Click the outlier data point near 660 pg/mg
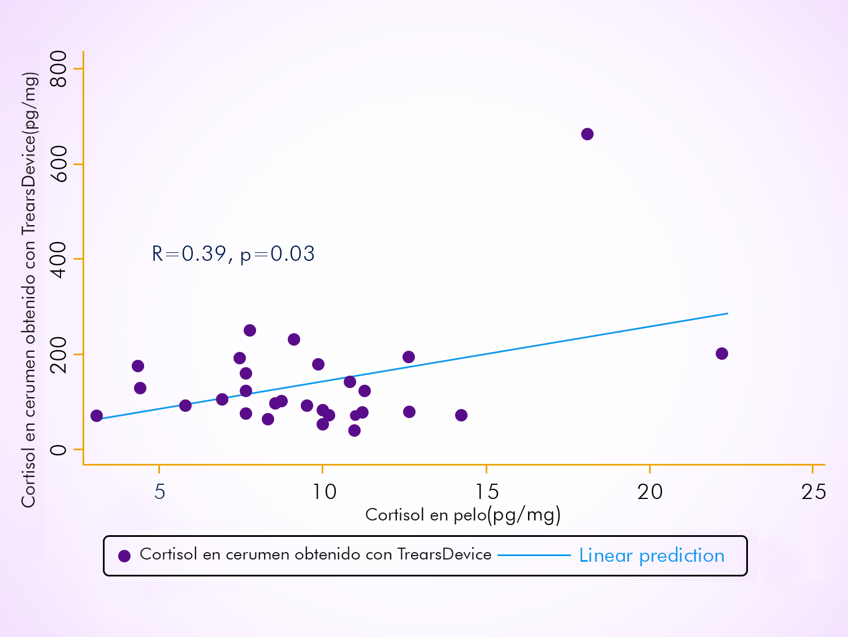(x=587, y=134)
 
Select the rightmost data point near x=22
(x=722, y=354)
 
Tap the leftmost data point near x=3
(x=97, y=416)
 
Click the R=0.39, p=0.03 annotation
(x=233, y=254)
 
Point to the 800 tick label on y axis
(x=59, y=69)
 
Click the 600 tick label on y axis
(x=59, y=164)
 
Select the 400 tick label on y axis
(x=59, y=259)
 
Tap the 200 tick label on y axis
(x=59, y=354)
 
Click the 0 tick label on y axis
(x=59, y=450)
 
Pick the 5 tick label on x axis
(x=159, y=492)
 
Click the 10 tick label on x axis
(x=324, y=492)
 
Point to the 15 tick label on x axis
(x=487, y=492)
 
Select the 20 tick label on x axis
(x=650, y=492)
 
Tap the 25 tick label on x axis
(x=814, y=492)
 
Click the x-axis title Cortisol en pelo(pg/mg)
(x=462, y=515)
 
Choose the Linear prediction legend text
(x=652, y=556)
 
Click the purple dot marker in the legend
(x=124, y=556)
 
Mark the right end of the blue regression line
(x=727, y=313)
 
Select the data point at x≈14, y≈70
(x=461, y=415)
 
